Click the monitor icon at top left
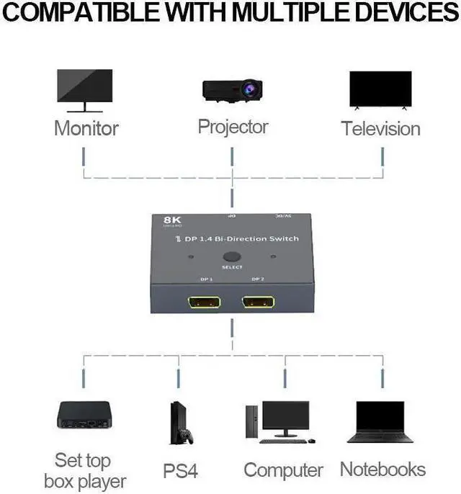[84, 89]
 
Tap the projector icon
[231, 89]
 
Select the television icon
[380, 90]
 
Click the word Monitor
[86, 129]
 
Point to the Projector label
[233, 127]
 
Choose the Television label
[380, 129]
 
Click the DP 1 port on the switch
[204, 300]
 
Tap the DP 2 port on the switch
[258, 300]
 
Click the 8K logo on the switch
[163, 220]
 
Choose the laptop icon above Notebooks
[380, 421]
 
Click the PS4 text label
[181, 472]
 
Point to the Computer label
[283, 470]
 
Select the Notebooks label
[382, 470]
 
